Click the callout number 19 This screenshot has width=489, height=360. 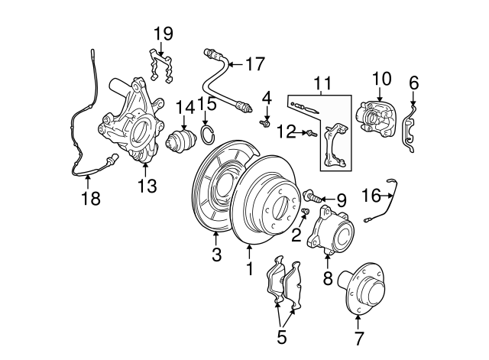click(163, 34)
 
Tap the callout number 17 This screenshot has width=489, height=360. click(254, 63)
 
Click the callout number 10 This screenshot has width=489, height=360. click(381, 78)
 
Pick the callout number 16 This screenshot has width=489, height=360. click(371, 196)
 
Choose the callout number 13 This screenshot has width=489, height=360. click(144, 185)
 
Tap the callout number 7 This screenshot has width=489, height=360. click(359, 336)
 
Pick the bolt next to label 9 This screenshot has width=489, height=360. click(313, 197)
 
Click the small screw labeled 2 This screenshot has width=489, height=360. click(305, 212)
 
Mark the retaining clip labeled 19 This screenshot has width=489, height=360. click(161, 66)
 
